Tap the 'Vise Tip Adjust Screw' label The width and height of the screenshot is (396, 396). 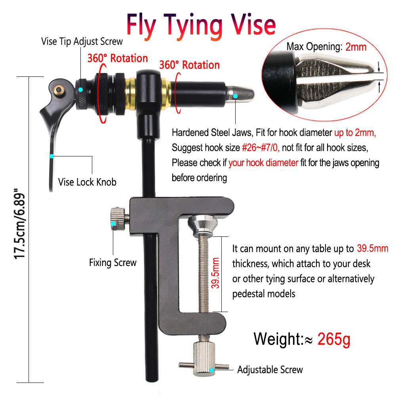[x=82, y=42]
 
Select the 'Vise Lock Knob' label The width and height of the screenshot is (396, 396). [x=87, y=182]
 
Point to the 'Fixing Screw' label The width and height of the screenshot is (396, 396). [x=112, y=263]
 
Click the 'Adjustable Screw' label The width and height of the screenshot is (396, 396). [x=270, y=370]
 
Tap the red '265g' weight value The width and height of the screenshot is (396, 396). [x=334, y=339]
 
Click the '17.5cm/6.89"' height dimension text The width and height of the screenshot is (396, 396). [x=20, y=223]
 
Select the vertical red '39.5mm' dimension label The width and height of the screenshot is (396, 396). [x=215, y=273]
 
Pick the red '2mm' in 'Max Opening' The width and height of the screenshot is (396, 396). [x=356, y=47]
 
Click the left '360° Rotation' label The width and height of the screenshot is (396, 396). [x=118, y=58]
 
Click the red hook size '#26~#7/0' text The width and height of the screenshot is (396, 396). [x=261, y=147]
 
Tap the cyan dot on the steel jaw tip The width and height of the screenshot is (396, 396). [x=235, y=96]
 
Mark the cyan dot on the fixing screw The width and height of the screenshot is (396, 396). [x=113, y=223]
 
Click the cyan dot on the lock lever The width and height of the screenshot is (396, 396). [x=52, y=156]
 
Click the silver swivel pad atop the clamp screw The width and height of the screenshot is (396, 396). [x=203, y=225]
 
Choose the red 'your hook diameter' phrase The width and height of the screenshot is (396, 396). [x=263, y=163]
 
